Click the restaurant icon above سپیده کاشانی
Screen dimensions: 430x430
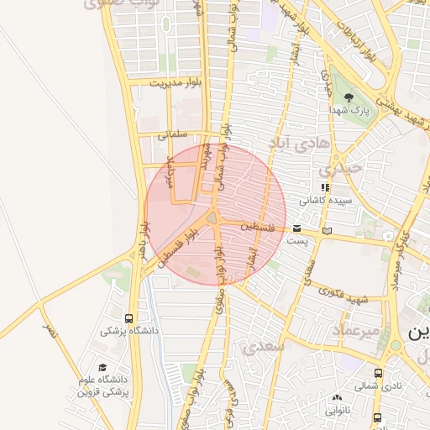point(323,187)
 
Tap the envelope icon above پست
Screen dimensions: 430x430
point(297,228)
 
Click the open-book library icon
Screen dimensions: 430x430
point(327,229)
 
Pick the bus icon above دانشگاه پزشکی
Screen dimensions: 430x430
point(128,318)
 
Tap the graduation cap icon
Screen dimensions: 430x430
point(103,368)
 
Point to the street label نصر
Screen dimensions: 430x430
point(52,332)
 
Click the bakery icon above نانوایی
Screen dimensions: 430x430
point(337,398)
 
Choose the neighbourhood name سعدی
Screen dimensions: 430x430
point(263,345)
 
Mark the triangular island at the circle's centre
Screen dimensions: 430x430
point(212,219)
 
